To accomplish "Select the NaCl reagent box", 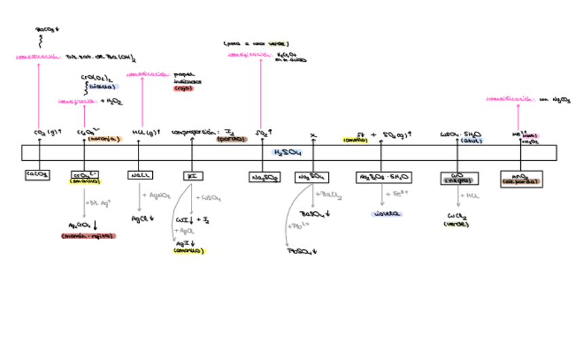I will (140, 175).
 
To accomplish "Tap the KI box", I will (192, 176).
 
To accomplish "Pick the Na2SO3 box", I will (264, 177).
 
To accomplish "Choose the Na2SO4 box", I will (312, 177).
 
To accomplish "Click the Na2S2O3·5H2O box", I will (383, 177).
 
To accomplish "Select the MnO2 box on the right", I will (521, 178).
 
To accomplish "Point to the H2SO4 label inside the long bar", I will (287, 153).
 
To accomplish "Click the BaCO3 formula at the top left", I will (47, 30).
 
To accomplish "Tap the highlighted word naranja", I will (105, 139).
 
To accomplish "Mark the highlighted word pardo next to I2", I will (232, 139).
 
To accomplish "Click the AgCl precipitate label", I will (143, 219).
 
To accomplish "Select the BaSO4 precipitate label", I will (316, 213).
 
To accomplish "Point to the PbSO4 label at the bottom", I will (303, 251).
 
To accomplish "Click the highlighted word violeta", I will (386, 213).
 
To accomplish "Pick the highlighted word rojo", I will (183, 88).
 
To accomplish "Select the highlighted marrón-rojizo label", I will (88, 236).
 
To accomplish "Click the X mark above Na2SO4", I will (313, 135).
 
